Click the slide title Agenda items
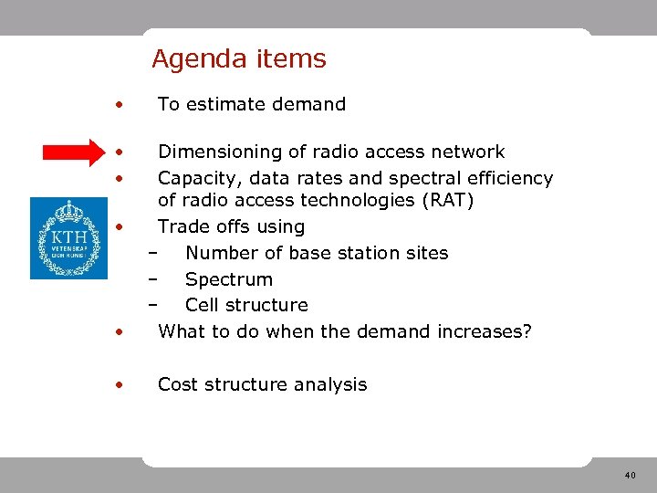[238, 59]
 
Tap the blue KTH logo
[68, 238]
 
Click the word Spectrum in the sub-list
[228, 279]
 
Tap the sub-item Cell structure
[246, 305]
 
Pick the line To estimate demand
[252, 104]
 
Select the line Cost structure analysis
[262, 384]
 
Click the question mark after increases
[526, 331]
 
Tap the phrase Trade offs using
[231, 226]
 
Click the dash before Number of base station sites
[152, 253]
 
